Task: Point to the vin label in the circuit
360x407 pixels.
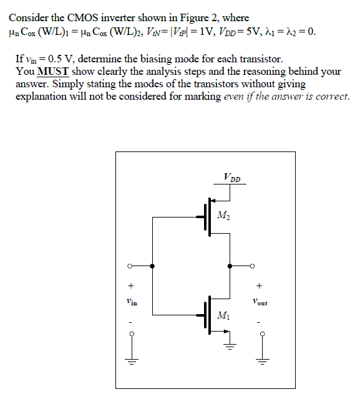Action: [130, 302]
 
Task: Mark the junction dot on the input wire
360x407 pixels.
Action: [153, 266]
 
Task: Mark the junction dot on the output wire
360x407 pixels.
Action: [231, 266]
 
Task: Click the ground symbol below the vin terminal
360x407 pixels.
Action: [130, 358]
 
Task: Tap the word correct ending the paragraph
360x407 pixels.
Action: [331, 97]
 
